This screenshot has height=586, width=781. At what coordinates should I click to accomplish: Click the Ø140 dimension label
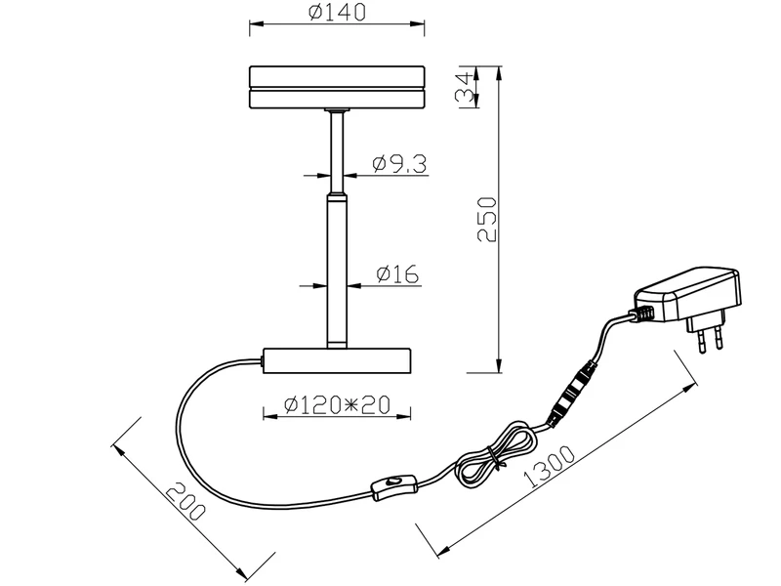[x=337, y=12]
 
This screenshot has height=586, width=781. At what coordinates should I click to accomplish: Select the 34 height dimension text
[x=465, y=87]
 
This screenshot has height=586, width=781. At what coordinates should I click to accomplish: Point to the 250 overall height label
[x=487, y=219]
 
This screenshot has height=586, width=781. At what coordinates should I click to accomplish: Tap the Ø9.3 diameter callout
[x=399, y=163]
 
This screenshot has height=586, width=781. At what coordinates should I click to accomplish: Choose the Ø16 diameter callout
[x=397, y=274]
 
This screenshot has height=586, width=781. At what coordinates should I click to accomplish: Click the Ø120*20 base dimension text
[x=337, y=404]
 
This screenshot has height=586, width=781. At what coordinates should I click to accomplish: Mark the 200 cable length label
[x=185, y=500]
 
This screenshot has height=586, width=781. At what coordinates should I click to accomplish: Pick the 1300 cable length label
[x=550, y=467]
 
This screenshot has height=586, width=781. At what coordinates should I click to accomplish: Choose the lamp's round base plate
[x=337, y=360]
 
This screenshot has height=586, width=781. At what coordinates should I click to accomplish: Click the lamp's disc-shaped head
[x=337, y=87]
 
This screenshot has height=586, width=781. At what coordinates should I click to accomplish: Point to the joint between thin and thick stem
[x=337, y=193]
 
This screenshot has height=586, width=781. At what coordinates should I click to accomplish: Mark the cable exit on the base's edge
[x=262, y=360]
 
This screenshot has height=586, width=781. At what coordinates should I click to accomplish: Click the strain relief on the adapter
[x=642, y=314]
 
